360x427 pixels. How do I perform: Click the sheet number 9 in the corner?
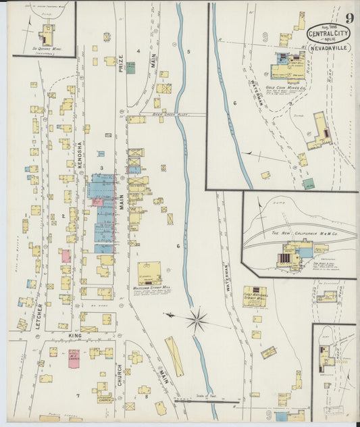[349, 18]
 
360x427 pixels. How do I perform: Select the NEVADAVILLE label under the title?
[329, 49]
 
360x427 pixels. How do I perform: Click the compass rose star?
[197, 320]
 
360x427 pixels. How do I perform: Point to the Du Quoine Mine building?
[47, 34]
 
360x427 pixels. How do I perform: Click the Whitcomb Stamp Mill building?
[149, 274]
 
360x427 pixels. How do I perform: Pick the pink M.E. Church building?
[74, 357]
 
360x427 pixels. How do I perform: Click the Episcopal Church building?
[103, 397]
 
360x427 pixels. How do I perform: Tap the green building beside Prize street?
[130, 68]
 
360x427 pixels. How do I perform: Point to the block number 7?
[78, 395]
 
